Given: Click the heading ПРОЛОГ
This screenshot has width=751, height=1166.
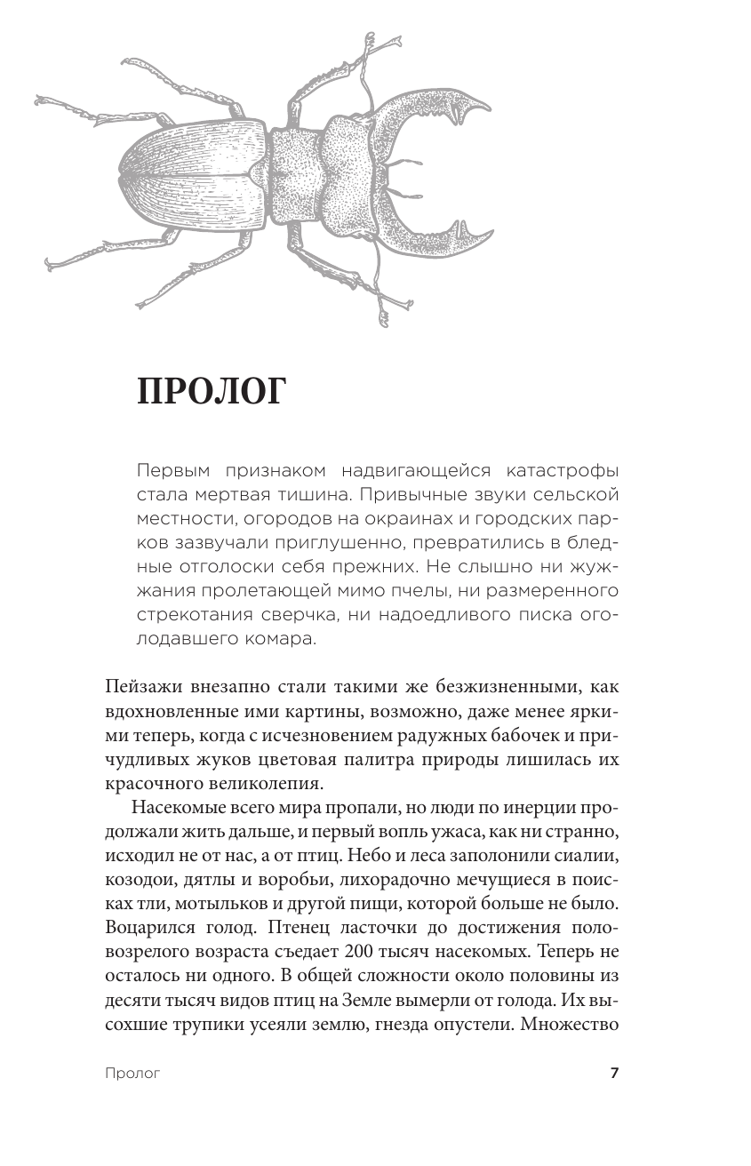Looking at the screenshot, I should (x=211, y=392).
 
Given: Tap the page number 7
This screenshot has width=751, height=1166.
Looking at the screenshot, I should (x=613, y=1073).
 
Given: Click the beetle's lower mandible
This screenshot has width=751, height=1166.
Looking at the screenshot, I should (x=435, y=236).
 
